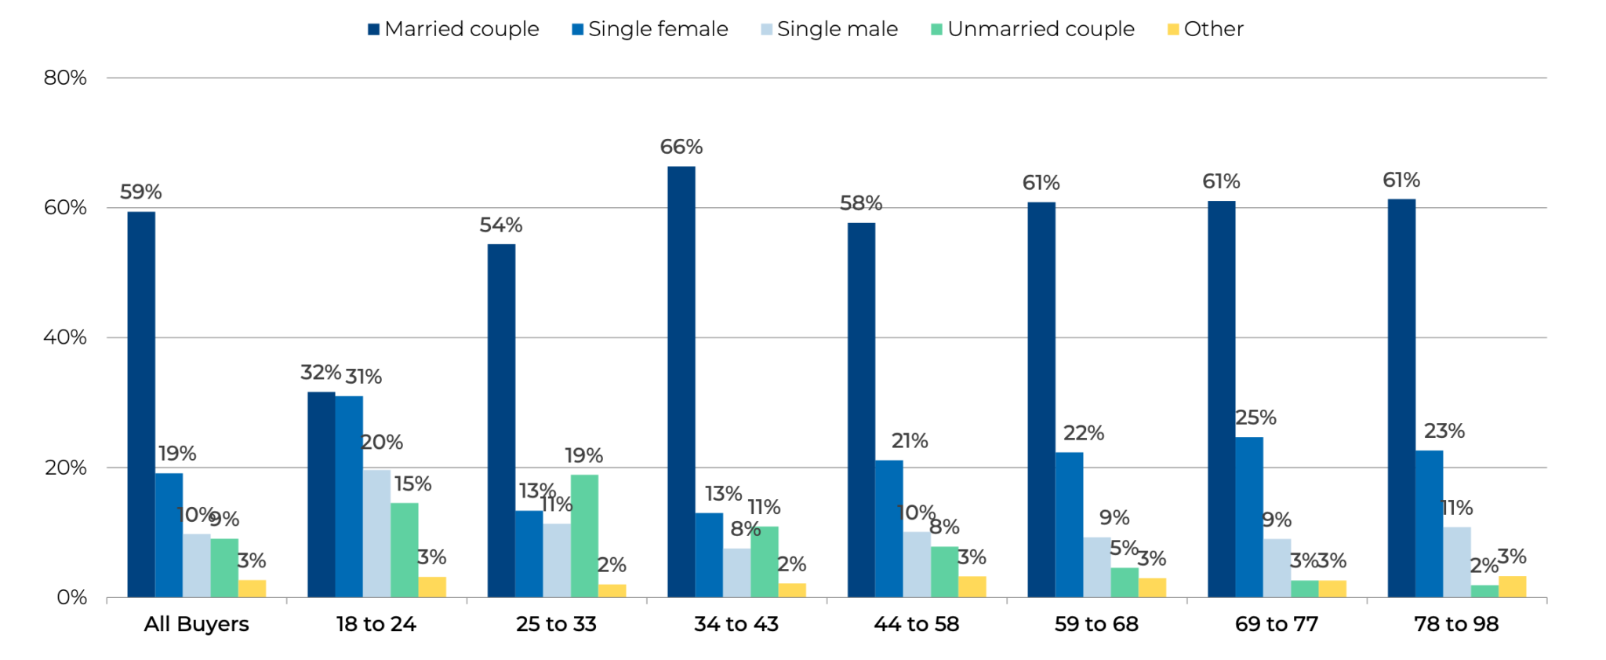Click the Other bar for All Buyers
click(x=252, y=589)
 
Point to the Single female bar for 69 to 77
click(x=1249, y=517)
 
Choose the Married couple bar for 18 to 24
click(x=321, y=494)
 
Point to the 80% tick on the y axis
click(x=65, y=78)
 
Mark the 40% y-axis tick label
click(x=65, y=337)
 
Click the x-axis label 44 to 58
click(x=916, y=624)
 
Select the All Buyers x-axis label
click(x=196, y=624)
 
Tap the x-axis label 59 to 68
click(x=1096, y=624)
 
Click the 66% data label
click(x=681, y=147)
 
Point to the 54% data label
click(x=500, y=225)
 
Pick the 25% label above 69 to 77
click(x=1255, y=418)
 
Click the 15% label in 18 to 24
click(x=412, y=483)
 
